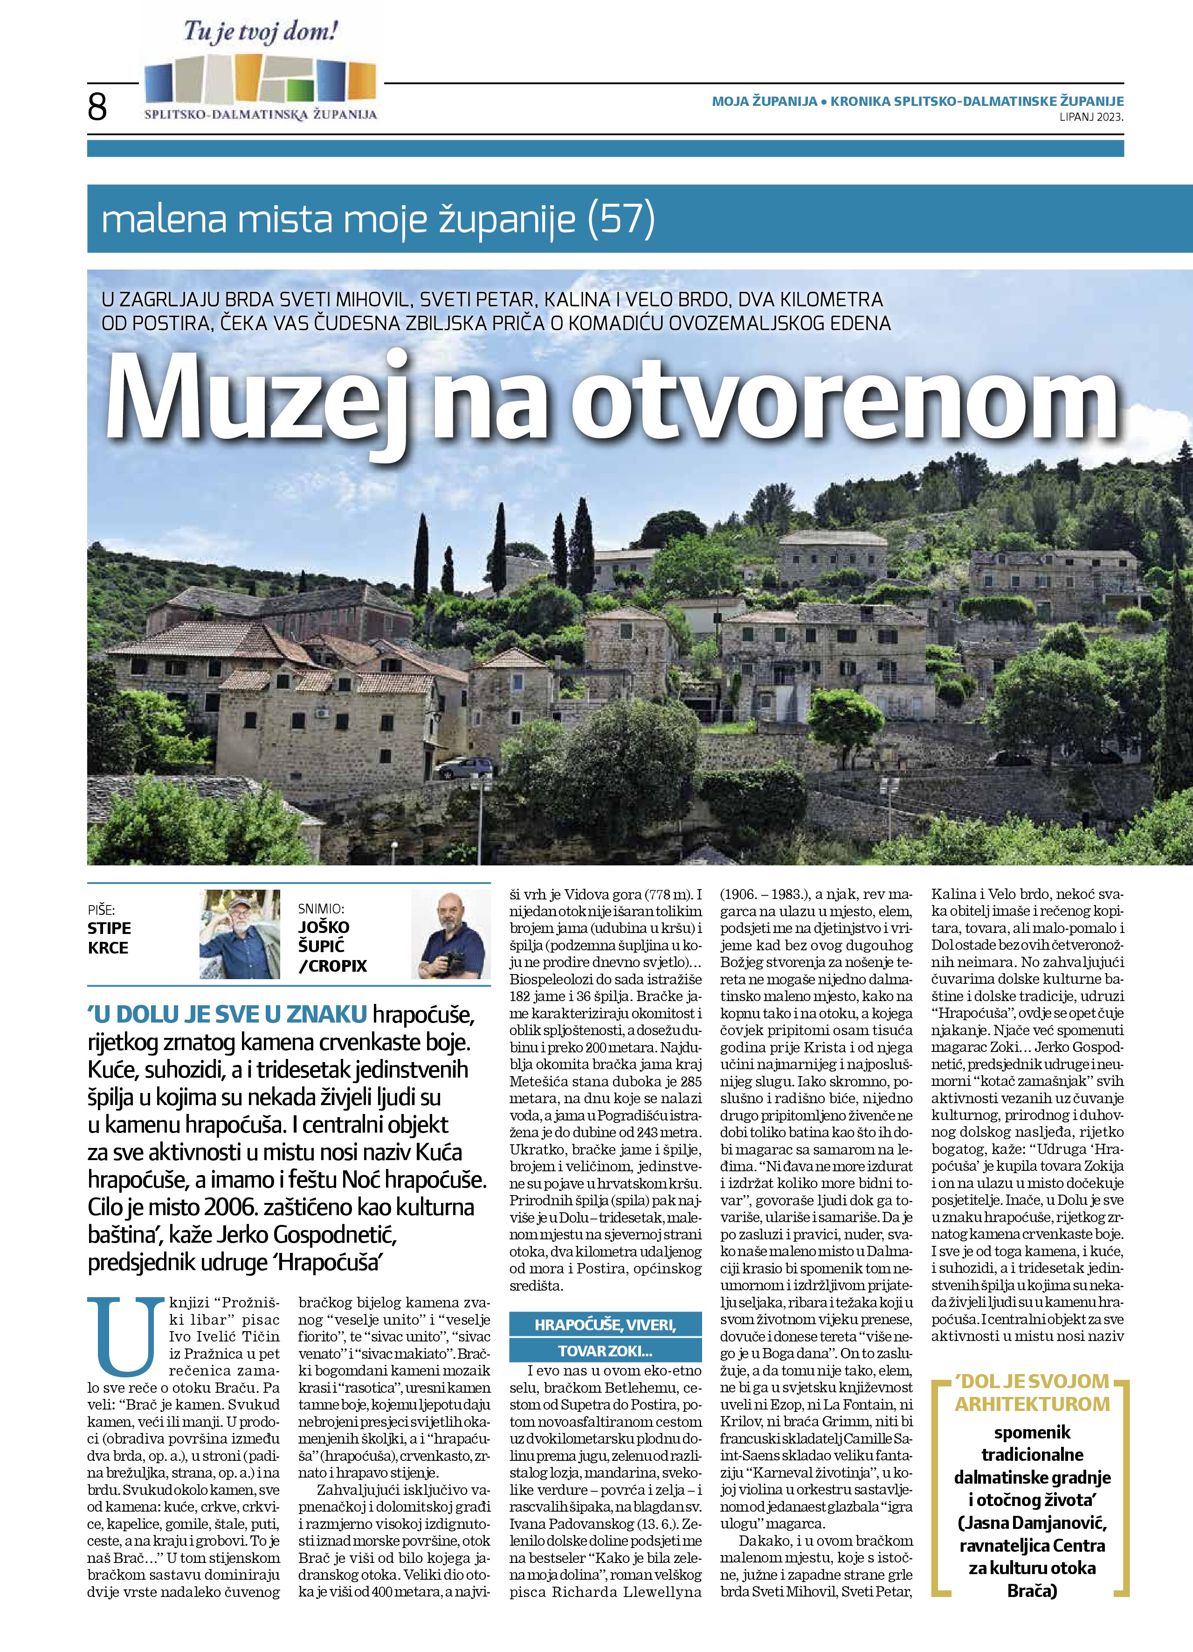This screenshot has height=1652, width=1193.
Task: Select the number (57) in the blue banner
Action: [x=621, y=219]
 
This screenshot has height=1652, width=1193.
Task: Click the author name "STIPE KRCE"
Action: [x=109, y=938]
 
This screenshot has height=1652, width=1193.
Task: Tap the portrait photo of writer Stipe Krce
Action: [x=241, y=934]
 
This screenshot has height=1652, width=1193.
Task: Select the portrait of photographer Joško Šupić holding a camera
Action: [x=450, y=934]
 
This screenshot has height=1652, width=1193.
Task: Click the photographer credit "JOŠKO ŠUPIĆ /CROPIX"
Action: [x=332, y=946]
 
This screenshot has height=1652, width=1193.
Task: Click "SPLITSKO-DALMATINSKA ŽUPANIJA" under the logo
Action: [x=261, y=114]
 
